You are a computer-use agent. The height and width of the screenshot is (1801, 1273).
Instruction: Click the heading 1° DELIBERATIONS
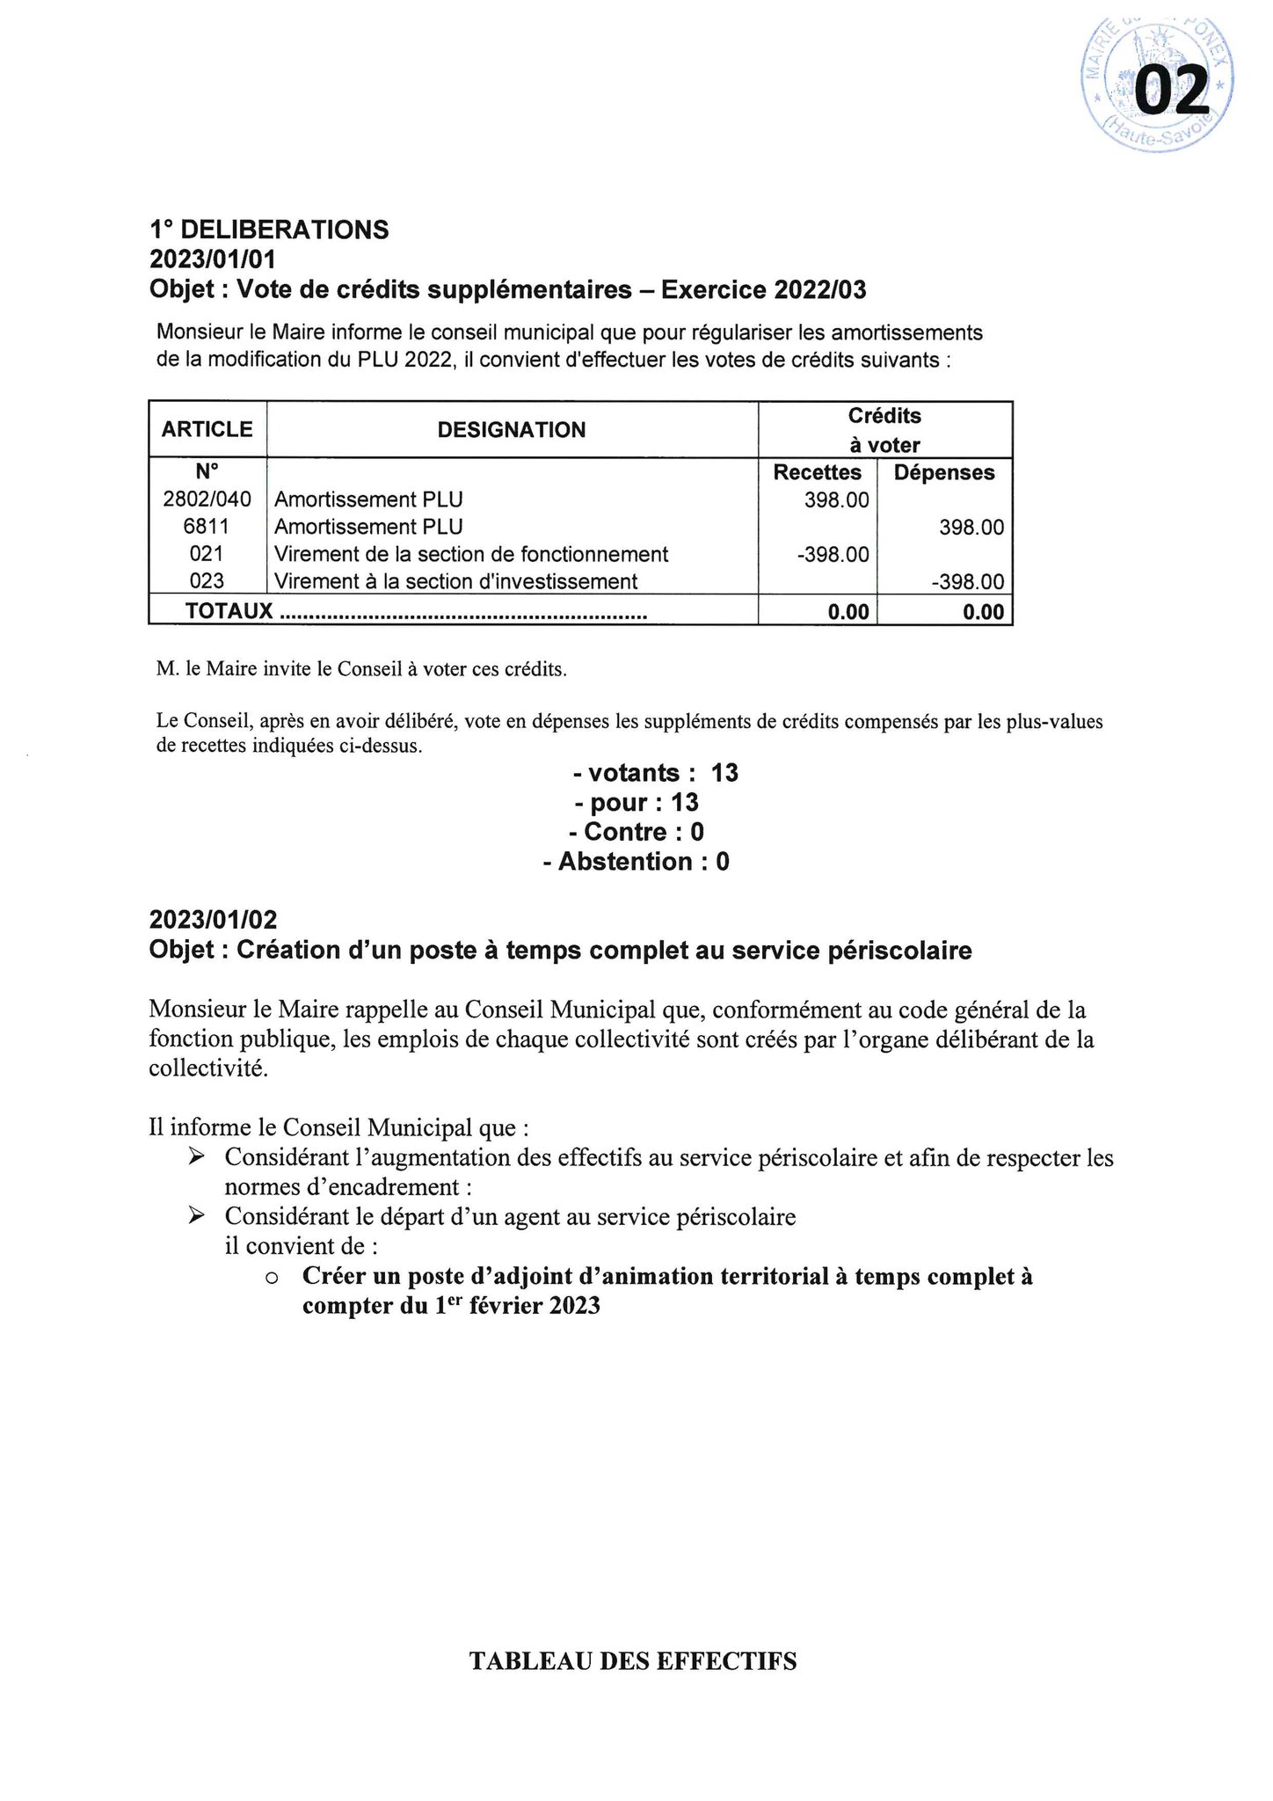pyautogui.click(x=269, y=230)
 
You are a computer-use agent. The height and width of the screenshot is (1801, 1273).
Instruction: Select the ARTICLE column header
pyautogui.click(x=207, y=429)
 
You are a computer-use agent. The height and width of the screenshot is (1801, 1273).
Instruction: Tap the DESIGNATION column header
pyautogui.click(x=512, y=430)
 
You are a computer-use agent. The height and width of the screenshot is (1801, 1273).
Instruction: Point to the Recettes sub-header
pyautogui.click(x=817, y=473)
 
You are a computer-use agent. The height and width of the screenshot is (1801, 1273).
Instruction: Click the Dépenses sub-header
pyautogui.click(x=944, y=473)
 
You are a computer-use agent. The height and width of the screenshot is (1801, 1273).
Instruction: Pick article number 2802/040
pyautogui.click(x=207, y=499)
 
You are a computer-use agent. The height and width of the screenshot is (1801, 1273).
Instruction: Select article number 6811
pyautogui.click(x=207, y=527)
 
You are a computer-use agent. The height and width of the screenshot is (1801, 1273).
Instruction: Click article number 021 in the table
pyautogui.click(x=207, y=554)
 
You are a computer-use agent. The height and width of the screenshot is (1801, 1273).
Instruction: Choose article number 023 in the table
pyautogui.click(x=207, y=581)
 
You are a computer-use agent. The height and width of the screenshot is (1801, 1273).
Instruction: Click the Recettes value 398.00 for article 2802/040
pyautogui.click(x=836, y=500)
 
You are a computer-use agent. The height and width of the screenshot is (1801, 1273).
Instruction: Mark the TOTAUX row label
pyautogui.click(x=230, y=611)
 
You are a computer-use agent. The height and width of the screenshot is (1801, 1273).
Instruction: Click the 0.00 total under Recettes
pyautogui.click(x=848, y=612)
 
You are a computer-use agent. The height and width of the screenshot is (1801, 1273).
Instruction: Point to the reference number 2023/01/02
pyautogui.click(x=214, y=920)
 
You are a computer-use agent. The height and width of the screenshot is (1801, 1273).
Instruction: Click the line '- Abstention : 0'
pyautogui.click(x=636, y=862)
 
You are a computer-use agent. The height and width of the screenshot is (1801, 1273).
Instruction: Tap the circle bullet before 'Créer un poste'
pyautogui.click(x=272, y=1278)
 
